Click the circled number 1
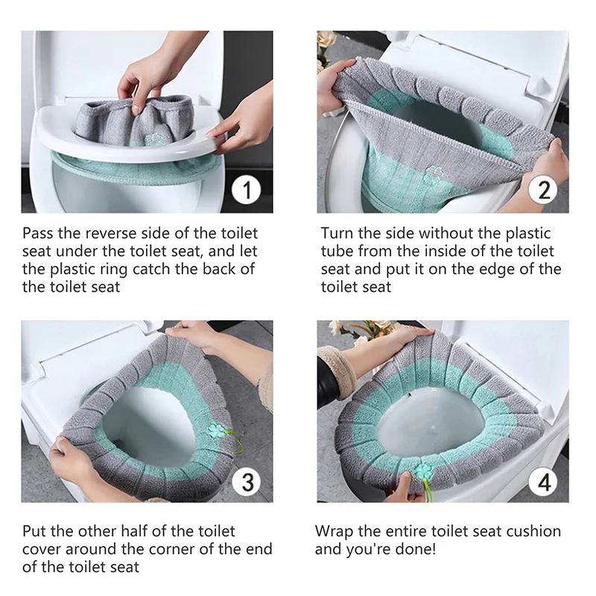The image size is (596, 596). [247, 189]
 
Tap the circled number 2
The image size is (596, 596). [543, 189]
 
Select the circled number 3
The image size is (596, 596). [247, 481]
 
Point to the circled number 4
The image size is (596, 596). [544, 481]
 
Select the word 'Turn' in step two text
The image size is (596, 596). [337, 233]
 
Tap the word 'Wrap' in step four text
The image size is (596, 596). [334, 531]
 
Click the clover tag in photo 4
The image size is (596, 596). [422, 472]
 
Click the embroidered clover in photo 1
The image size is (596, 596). [155, 140]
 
